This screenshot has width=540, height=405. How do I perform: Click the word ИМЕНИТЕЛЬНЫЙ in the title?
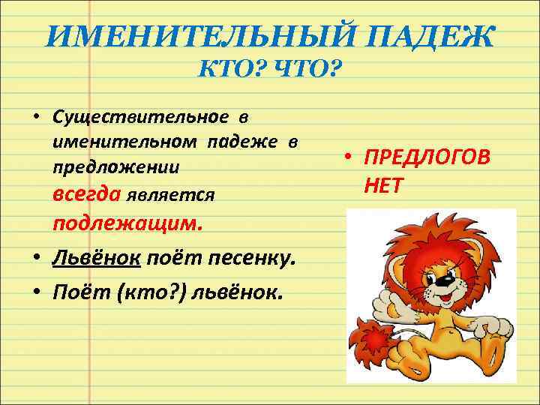[x=169, y=37]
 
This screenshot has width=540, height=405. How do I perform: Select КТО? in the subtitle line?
[x=226, y=73]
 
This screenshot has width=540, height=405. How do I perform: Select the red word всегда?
[x=87, y=193]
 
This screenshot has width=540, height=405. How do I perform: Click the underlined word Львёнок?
[x=95, y=258]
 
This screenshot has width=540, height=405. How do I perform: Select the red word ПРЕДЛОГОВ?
[x=427, y=158]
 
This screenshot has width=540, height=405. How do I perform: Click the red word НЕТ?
[x=384, y=184]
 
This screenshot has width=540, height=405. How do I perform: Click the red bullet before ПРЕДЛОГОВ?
[x=349, y=158]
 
